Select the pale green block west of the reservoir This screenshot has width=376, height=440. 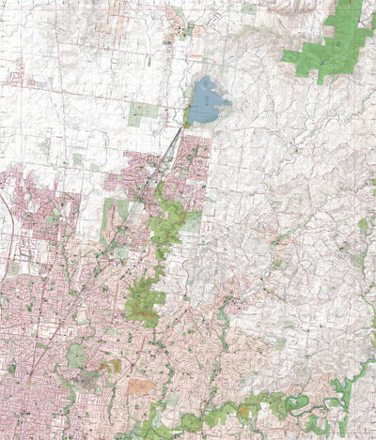point(139,114)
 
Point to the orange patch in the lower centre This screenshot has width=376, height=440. point(141,385)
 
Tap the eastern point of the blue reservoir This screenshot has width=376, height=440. point(230,100)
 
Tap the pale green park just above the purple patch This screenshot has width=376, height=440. point(75,356)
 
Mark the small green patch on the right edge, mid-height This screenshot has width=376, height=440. point(363,226)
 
